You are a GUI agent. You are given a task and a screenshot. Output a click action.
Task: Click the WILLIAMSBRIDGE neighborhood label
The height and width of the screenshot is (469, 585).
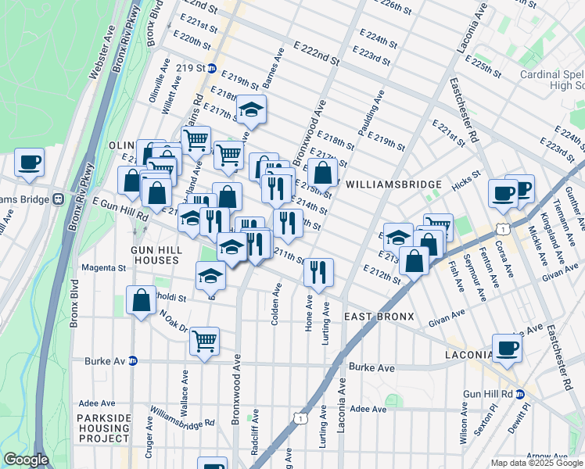[394, 184]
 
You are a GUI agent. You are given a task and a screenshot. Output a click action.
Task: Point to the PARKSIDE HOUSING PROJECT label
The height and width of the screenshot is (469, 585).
[104, 428]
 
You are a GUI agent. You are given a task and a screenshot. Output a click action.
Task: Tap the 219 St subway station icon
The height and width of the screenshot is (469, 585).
[211, 68]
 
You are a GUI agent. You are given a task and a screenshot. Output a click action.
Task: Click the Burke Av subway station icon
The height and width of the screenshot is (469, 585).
[133, 361]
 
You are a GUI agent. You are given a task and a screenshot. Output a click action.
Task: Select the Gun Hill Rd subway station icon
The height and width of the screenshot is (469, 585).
[519, 395]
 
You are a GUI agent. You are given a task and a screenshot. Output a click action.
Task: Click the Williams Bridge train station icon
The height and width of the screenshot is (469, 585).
[59, 199]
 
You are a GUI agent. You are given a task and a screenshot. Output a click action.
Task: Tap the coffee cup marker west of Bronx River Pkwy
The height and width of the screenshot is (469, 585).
[29, 162]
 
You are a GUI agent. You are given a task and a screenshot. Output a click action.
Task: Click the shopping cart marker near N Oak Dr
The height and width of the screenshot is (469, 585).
[204, 340]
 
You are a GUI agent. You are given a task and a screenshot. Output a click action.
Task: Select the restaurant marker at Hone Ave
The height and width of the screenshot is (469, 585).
[318, 272]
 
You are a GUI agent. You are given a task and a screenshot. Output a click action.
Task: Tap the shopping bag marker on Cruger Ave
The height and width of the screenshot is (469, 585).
[141, 301]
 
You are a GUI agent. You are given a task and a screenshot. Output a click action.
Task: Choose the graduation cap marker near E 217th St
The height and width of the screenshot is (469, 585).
[251, 109]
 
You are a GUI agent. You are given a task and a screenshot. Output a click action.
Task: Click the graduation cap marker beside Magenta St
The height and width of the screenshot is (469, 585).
[210, 275]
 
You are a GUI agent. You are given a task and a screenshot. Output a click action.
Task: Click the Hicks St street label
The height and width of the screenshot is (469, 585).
[465, 181]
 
